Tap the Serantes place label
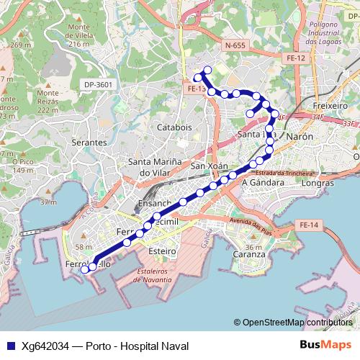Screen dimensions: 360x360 pos(89,143)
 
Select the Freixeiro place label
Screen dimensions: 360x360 pos(330,105)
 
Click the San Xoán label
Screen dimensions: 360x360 pos(209,166)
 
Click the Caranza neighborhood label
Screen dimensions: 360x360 pos(248,256)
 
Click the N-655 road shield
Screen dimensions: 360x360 pos(234,45)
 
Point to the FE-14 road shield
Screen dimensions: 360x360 pos(308,225)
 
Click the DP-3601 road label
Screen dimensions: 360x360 pos(99,84)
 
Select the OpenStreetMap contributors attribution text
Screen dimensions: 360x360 pos(297,323)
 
